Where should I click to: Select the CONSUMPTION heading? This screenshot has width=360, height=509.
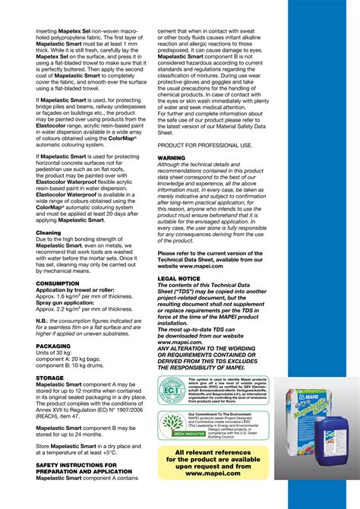58,283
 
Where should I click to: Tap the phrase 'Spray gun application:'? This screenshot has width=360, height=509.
67,302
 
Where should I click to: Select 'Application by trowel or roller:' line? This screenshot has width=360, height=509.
76,289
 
